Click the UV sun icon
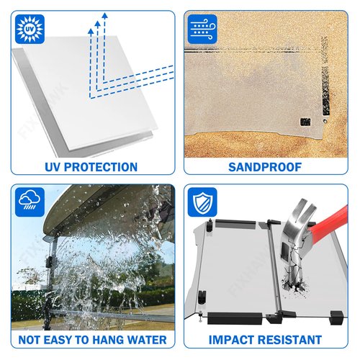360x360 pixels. pos(30,29)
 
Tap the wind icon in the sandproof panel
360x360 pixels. pos(202,29)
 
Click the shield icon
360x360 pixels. pos(202,202)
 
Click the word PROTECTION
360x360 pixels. pos(101,167)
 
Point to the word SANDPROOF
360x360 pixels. pos(265,167)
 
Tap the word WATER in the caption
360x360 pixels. pos(147,340)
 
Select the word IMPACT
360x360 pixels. pos(233,340)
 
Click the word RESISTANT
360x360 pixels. pos(290,340)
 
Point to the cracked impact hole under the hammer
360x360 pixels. pos(294,284)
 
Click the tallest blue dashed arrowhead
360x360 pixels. pos(104,16)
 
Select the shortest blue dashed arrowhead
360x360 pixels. pos(91,31)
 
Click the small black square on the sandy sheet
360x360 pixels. pos(305,122)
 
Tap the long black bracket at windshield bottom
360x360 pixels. pos(235,318)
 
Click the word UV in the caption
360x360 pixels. pos(53,167)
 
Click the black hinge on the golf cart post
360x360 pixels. pos(50,261)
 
